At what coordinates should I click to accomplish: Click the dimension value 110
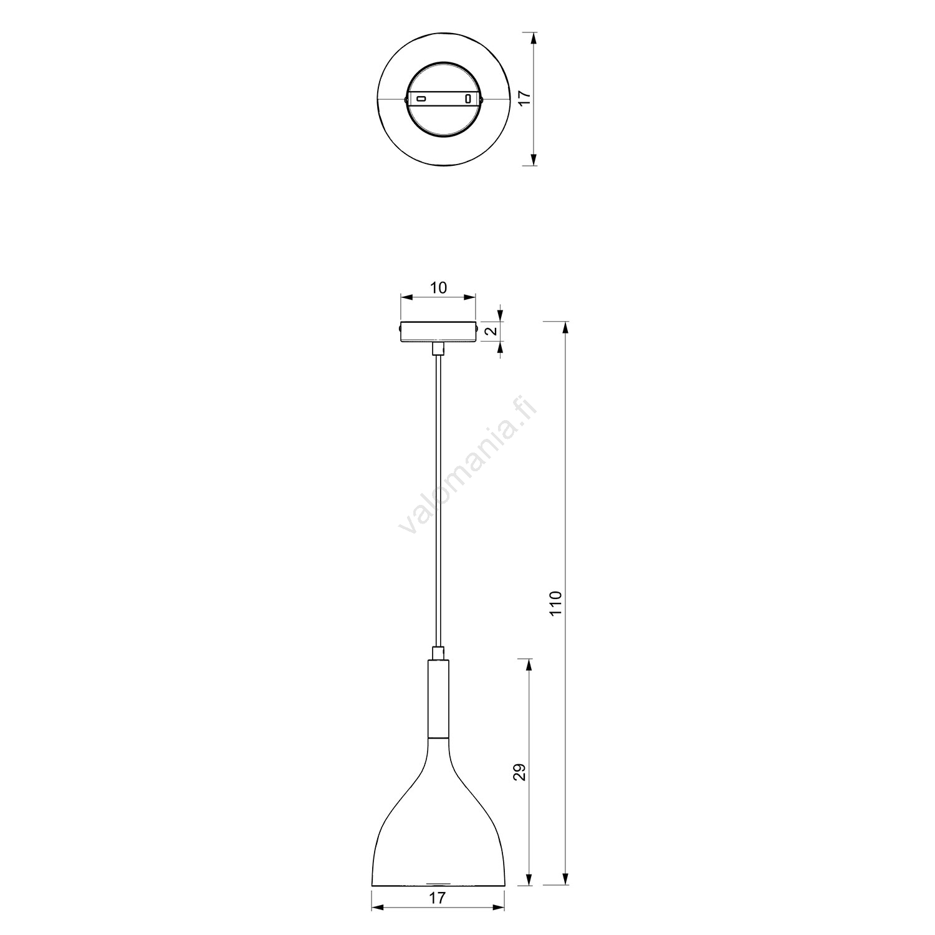[557, 603]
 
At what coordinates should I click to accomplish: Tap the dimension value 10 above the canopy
[438, 287]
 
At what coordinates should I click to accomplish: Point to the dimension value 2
[492, 330]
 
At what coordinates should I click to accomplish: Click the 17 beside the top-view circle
[524, 97]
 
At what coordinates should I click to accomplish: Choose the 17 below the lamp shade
[438, 915]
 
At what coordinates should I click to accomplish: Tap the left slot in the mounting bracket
[421, 98]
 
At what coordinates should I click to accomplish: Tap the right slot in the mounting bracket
[468, 98]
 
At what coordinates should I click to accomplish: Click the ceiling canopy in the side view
[439, 331]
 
